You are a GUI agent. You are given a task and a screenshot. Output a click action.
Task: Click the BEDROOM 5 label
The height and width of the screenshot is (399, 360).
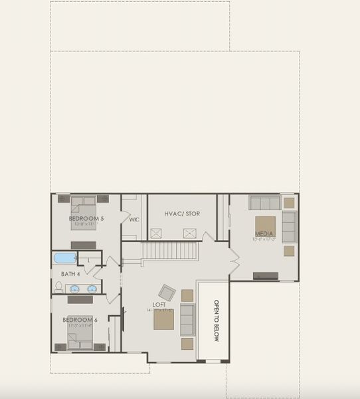click(x=86, y=218)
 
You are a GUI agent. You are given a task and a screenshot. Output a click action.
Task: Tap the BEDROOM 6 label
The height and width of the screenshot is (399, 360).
click(x=80, y=320)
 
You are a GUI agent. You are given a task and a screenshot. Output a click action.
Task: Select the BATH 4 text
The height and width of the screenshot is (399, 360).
click(x=70, y=274)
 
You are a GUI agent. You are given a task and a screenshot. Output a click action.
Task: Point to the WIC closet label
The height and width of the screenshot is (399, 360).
click(x=134, y=219)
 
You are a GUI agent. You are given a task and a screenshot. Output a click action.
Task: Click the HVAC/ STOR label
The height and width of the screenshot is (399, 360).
click(x=182, y=213)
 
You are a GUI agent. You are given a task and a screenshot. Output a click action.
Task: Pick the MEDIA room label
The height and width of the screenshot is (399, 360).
click(x=264, y=233)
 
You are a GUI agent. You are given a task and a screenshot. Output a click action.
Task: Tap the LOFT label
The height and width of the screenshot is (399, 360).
click(x=159, y=305)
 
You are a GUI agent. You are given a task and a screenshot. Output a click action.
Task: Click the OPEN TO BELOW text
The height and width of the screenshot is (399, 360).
click(x=217, y=321)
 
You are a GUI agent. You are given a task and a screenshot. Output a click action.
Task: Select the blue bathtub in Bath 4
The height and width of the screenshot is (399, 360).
click(x=65, y=258)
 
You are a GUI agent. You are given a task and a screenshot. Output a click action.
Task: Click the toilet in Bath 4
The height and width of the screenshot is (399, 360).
click(x=58, y=287)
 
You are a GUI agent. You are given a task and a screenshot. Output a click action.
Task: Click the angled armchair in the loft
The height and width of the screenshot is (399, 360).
click(x=167, y=292)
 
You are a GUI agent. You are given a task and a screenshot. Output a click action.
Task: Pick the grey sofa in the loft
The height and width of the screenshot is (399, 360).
click(x=187, y=320)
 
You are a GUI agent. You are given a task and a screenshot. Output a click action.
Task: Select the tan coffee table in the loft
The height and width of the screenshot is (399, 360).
click(x=164, y=321)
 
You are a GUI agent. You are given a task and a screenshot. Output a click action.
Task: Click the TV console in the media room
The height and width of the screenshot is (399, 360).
click(x=266, y=275)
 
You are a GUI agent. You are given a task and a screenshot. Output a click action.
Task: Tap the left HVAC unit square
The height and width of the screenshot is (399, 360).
click(x=157, y=233)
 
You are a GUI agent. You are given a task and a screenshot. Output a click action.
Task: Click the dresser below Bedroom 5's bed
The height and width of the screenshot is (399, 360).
click(x=84, y=245)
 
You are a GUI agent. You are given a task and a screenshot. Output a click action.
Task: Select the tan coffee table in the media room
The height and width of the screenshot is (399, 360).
click(x=265, y=224)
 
